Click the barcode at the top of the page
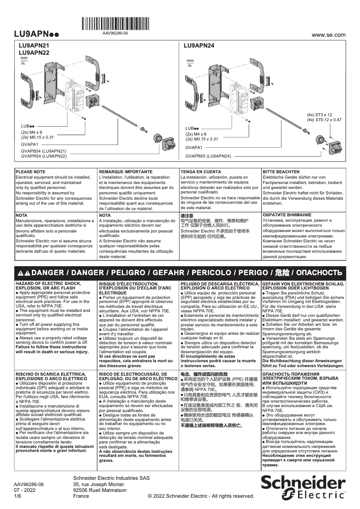pos(115,23)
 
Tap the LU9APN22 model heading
pos(34,53)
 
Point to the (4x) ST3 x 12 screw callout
pos(319,115)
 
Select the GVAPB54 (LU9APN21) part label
pos(44,151)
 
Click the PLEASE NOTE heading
pos(31,172)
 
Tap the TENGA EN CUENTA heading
pos(201,172)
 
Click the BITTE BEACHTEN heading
pos(281,172)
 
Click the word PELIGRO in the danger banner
pos(128,273)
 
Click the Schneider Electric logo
pos(303,487)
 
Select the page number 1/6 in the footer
pos(18,496)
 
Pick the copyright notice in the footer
pos(201,496)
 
